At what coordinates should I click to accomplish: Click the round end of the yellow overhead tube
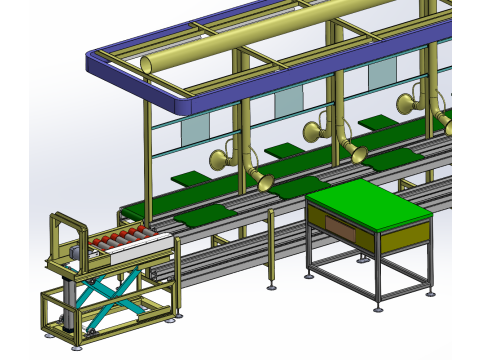pos(149,65)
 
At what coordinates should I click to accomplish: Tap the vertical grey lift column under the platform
pos(68,300)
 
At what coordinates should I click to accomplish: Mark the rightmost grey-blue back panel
pos(382,74)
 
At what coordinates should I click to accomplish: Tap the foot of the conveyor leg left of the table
pos(272,288)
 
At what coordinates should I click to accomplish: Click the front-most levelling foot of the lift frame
pos(78,349)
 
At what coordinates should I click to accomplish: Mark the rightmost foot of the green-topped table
pos(431,294)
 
